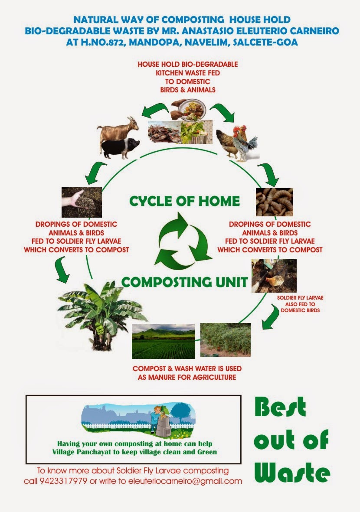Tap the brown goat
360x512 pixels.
click(x=117, y=128)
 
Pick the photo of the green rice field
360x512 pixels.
click(x=163, y=341)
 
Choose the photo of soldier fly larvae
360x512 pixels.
click(x=274, y=202)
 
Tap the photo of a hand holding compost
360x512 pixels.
click(x=82, y=202)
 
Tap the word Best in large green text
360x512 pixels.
click(x=280, y=408)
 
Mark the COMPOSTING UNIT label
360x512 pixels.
click(x=185, y=282)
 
